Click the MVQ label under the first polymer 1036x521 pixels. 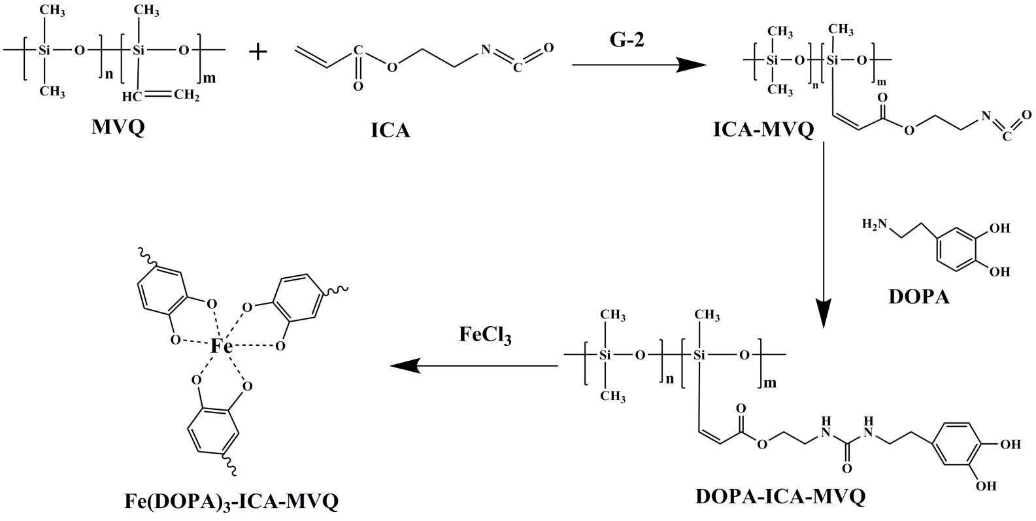pos(118,127)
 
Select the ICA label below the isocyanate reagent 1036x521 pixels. pos(390,131)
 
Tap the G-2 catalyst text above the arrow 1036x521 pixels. pos(627,40)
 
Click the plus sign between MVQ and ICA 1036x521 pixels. pos(258,52)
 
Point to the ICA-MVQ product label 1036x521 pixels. pos(763,130)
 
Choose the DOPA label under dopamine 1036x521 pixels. pos(919,297)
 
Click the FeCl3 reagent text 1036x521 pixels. pos(485,335)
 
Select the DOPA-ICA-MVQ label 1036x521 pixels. pos(780,496)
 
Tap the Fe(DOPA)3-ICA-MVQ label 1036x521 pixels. pos(231,501)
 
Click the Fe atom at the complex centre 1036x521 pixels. pos(221,346)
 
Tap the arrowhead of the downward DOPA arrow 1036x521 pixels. pos(824,313)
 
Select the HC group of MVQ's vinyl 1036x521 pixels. pos(132,96)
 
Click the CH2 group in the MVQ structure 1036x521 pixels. pos(187,96)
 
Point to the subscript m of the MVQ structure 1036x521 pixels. pos(210,78)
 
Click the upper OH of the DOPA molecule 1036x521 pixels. pos(999,227)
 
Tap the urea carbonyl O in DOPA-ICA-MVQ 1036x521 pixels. pos(846,468)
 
